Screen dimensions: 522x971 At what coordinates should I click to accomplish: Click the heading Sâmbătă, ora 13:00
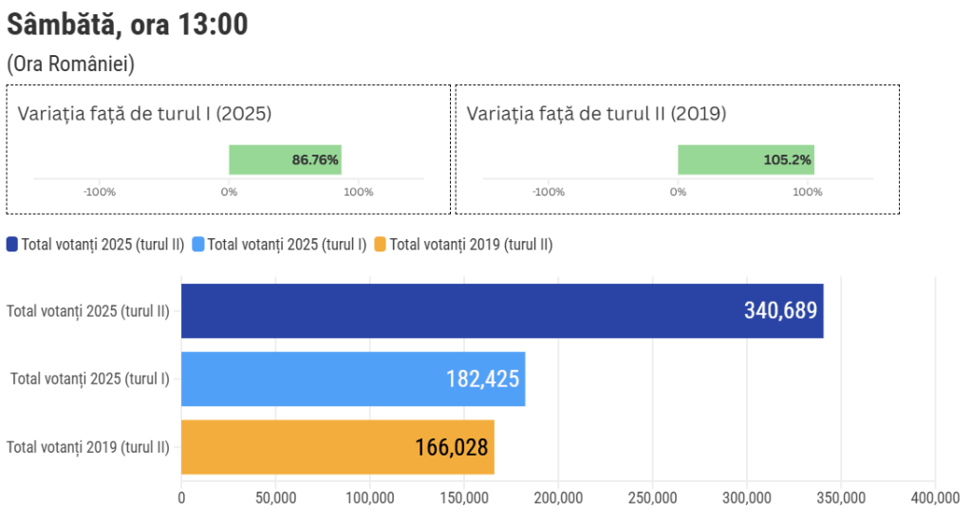[127, 25]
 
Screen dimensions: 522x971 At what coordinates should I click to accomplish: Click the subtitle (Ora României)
[70, 65]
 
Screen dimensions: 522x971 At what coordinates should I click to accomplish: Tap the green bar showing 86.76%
[285, 159]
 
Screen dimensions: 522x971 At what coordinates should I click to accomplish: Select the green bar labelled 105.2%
[745, 159]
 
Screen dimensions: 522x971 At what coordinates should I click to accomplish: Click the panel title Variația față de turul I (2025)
[144, 114]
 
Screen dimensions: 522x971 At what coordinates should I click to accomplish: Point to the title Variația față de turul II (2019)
[596, 114]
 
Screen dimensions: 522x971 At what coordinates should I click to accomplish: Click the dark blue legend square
[12, 244]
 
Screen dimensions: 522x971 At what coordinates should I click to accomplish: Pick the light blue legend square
[198, 244]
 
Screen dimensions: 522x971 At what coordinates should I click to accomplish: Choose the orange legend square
[381, 244]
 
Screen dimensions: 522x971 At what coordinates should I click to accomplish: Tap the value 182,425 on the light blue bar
[482, 379]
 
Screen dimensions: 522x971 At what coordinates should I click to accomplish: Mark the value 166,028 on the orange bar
[452, 447]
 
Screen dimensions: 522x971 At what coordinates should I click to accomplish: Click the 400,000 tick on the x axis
[936, 497]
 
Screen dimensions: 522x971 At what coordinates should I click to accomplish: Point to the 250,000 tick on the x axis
[653, 497]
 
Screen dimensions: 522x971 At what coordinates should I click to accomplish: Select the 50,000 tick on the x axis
[275, 497]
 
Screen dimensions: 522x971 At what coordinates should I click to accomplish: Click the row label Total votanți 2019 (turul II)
[88, 447]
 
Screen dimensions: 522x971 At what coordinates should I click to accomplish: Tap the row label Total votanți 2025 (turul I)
[90, 379]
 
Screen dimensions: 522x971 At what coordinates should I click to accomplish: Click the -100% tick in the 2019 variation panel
[549, 192]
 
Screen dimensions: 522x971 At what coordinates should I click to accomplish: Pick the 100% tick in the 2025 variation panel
[359, 192]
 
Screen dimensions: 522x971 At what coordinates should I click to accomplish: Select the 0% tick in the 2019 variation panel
[678, 192]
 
